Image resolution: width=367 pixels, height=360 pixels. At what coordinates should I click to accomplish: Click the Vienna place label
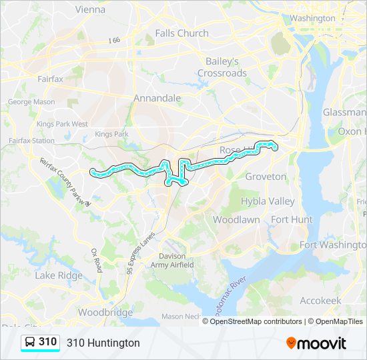[91, 9]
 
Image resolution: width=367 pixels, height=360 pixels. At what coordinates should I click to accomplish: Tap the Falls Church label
[181, 33]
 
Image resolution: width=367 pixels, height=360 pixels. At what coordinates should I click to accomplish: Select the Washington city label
[312, 18]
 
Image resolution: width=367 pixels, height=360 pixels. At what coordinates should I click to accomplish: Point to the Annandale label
[157, 98]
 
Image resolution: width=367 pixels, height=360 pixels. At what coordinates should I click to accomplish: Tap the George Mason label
[31, 102]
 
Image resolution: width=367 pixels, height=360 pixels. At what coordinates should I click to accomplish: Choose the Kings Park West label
[62, 124]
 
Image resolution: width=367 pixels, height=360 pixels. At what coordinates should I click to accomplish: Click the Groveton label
[266, 177]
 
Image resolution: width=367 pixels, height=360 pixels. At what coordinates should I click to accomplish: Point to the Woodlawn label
[236, 219]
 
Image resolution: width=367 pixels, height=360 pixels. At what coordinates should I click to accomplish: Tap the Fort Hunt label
[292, 219]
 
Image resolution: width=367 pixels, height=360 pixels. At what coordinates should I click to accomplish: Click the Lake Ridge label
[59, 275]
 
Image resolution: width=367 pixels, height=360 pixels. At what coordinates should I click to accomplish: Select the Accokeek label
[320, 301]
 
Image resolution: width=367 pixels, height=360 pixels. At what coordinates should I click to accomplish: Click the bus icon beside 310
[30, 343]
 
